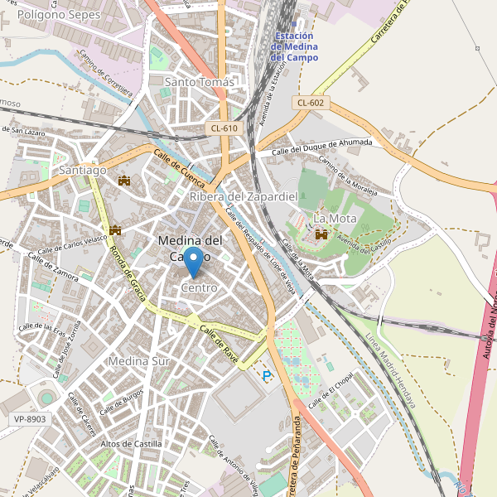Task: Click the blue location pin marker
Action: point(192,261)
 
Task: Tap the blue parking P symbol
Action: point(267,375)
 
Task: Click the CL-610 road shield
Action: point(224,128)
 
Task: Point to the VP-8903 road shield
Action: point(30,420)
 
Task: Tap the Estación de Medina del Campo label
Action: point(300,46)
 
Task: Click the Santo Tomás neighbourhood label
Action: point(200,82)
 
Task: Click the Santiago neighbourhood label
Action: point(83,170)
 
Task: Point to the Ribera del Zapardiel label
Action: point(244,196)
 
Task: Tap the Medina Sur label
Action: point(138,362)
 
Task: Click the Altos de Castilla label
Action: point(131,444)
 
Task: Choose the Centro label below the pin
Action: point(199,287)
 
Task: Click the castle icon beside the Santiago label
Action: point(125,180)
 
